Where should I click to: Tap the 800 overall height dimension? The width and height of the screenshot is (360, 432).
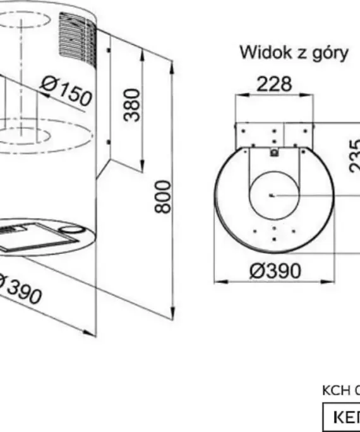[163, 196]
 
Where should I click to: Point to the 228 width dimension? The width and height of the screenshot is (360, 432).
[275, 84]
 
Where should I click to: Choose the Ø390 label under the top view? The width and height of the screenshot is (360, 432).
[275, 271]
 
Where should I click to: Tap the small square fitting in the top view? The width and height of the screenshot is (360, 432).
[273, 152]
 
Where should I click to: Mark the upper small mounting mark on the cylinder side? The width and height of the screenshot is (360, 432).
[110, 48]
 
